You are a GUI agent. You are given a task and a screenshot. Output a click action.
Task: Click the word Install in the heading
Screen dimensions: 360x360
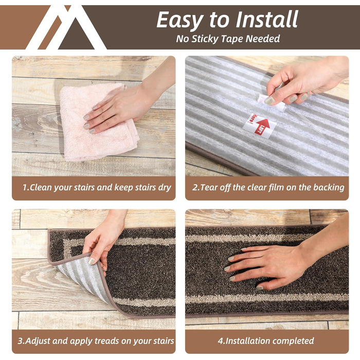267,20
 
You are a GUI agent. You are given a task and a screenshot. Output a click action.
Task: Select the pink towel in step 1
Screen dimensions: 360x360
98,122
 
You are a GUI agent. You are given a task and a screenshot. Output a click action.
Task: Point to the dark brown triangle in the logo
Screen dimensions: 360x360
76,34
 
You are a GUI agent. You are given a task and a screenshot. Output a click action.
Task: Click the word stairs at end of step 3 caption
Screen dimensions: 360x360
164,341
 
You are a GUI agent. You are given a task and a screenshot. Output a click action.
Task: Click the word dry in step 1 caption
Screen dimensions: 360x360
165,188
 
